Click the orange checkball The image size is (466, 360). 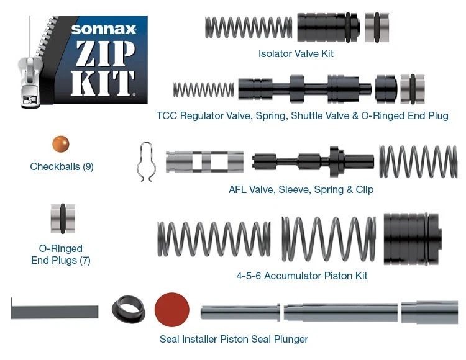(x=60, y=144)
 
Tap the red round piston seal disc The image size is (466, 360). (x=171, y=310)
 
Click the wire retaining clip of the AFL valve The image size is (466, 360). (x=145, y=162)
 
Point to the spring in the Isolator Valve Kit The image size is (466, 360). (x=248, y=27)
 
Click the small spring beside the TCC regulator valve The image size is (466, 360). (x=203, y=89)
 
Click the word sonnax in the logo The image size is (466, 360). (x=103, y=29)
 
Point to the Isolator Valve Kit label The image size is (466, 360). (x=296, y=54)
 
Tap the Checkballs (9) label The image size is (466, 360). (x=62, y=167)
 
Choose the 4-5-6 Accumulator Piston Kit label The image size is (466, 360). (x=301, y=276)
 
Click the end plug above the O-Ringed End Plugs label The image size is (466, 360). (x=63, y=219)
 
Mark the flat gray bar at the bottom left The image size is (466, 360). (x=55, y=308)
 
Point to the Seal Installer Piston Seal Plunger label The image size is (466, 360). (x=234, y=339)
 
